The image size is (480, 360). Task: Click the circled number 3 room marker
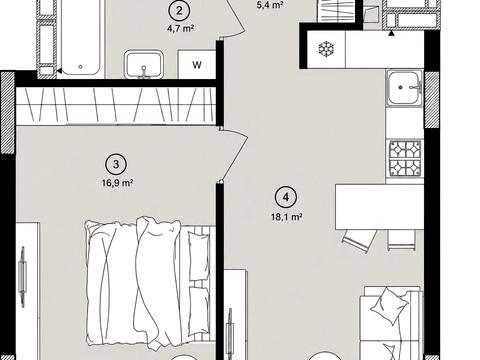[x=116, y=164]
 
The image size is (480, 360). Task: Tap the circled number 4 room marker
[x=286, y=197]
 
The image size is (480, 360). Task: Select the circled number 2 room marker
[x=179, y=11]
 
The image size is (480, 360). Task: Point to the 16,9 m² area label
[x=118, y=183]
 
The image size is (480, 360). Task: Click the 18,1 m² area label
[x=287, y=217]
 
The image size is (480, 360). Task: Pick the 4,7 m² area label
[x=180, y=28]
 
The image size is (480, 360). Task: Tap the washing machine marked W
[x=197, y=64]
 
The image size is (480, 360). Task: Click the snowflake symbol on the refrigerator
[x=326, y=49]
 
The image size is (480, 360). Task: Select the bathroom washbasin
[x=144, y=65]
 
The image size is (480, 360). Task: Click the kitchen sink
[x=404, y=88]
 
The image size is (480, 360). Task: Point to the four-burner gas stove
[x=405, y=158]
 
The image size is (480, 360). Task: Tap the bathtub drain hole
[x=80, y=67]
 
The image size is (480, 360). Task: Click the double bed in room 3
[x=150, y=283]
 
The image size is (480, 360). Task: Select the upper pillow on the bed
[x=199, y=256]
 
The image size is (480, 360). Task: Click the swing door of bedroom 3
[x=234, y=155]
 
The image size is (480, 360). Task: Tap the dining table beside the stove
[x=379, y=207]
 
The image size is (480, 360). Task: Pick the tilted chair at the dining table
[x=360, y=241]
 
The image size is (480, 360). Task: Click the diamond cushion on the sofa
[x=390, y=306]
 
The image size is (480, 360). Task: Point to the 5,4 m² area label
[x=270, y=5]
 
